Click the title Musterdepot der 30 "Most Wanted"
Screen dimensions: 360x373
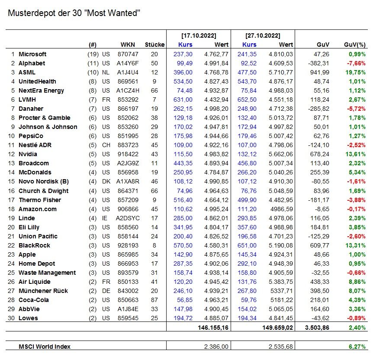point(74,13)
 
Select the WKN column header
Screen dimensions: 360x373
point(129,45)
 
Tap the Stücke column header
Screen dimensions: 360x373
point(154,45)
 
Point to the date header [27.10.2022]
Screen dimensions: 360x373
point(263,35)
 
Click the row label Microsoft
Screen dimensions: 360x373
point(32,54)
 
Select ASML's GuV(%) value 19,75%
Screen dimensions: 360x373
point(356,72)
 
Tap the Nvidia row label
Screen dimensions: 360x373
point(28,154)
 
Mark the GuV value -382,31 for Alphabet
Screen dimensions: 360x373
point(319,63)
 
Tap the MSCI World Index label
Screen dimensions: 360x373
point(45,346)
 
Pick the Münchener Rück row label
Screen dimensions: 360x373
point(43,291)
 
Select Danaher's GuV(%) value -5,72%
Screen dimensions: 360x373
point(357,109)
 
